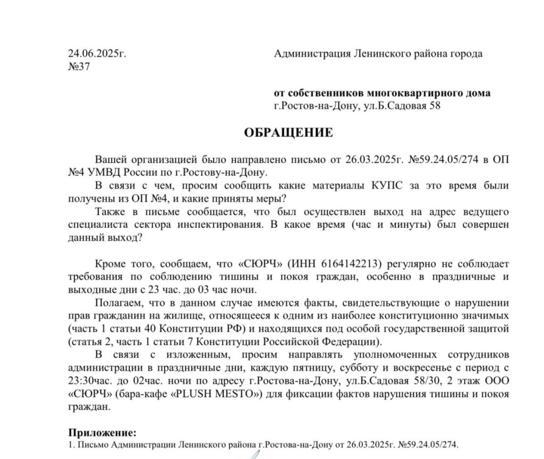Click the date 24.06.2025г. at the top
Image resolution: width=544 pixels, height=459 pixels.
point(97,54)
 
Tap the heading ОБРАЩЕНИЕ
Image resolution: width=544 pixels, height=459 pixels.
point(288,132)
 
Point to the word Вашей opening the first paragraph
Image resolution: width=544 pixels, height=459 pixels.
point(109,160)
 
